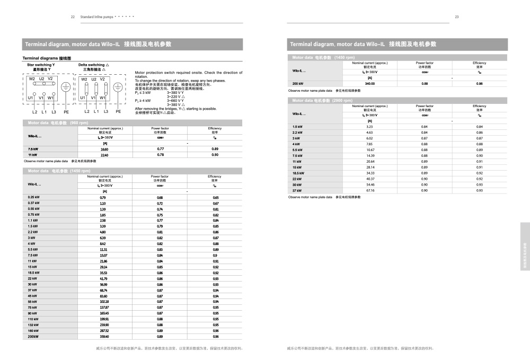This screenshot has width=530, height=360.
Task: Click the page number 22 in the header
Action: click(73, 17)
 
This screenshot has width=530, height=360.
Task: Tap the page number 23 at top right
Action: click(456, 17)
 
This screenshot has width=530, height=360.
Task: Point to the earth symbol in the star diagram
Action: click(66, 88)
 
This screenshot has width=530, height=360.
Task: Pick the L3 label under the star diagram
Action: click(54, 112)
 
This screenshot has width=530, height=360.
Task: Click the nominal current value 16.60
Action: click(104, 149)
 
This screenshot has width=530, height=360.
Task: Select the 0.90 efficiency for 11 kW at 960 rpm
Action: click(215, 155)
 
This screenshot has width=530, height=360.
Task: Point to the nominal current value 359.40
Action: click(104, 336)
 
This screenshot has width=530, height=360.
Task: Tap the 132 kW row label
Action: click(33, 324)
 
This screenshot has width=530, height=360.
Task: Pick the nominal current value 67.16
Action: click(370, 190)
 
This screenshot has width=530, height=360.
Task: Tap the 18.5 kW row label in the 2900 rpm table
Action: click(298, 173)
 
